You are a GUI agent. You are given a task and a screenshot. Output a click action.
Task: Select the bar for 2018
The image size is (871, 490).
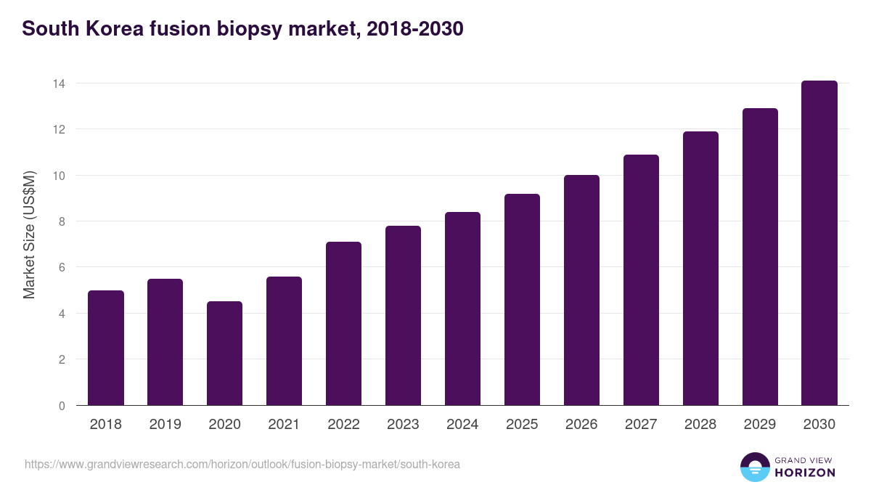tap(106, 348)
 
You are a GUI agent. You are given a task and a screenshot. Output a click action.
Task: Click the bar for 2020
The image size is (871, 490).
tap(225, 354)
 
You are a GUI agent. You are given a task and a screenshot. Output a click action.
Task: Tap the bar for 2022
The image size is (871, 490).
tap(344, 324)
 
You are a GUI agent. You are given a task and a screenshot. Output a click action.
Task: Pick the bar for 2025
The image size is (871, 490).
tap(523, 300)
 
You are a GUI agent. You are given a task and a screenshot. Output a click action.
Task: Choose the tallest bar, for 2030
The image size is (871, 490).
tap(819, 243)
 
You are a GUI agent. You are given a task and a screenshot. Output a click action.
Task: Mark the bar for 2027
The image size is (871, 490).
tap(642, 280)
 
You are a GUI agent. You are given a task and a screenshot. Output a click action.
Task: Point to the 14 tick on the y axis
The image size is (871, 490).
tap(58, 83)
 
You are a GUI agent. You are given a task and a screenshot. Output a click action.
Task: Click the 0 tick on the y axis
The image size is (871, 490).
tap(62, 406)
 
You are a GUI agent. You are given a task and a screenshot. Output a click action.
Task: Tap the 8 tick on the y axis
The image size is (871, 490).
tap(62, 221)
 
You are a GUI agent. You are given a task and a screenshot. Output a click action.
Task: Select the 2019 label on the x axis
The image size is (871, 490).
tap(165, 425)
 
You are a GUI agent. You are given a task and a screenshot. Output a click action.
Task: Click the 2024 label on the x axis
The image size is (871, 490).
tap(463, 425)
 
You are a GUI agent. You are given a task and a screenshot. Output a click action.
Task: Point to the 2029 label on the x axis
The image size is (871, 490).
tap(760, 425)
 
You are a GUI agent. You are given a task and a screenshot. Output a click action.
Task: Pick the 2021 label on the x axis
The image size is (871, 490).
tap(285, 425)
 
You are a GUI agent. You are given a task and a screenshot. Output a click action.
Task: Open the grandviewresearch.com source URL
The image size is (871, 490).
tap(242, 464)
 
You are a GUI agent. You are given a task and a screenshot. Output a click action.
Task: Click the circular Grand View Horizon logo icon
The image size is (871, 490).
tap(755, 467)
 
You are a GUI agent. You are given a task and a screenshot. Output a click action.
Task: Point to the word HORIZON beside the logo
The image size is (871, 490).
tap(805, 473)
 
